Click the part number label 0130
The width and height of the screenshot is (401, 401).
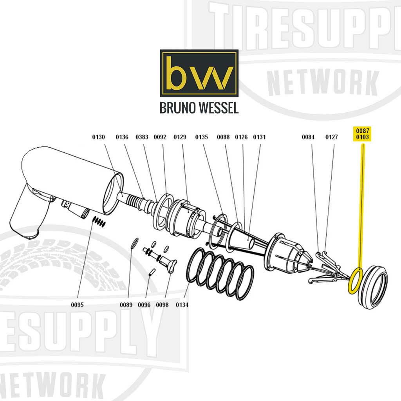point(99,137)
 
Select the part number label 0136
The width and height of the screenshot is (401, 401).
point(122,137)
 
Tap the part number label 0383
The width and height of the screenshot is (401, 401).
point(142,137)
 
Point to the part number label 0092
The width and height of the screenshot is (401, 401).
point(160,137)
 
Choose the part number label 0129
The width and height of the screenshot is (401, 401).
point(180,137)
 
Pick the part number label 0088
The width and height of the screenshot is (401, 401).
point(223,137)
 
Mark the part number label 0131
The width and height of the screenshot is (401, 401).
point(259,137)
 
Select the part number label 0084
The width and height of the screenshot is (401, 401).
point(308,137)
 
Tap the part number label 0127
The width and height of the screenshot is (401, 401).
point(332,137)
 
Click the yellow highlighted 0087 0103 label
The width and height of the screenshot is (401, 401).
point(363,134)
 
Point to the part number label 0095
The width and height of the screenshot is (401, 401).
point(78,305)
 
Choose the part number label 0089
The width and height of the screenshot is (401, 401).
point(126,305)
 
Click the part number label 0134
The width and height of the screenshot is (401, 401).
point(182,305)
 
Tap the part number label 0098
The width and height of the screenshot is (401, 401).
point(162,305)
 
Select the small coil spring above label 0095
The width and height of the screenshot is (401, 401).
point(99,222)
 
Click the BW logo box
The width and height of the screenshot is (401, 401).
point(199,73)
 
